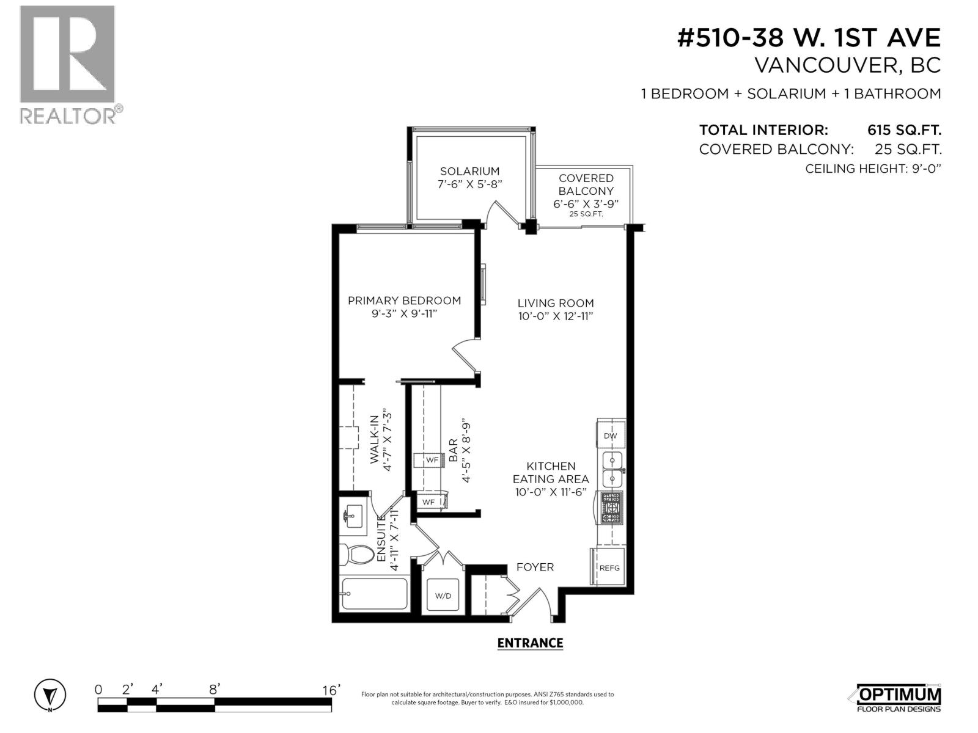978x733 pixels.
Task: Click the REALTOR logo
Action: [x=67, y=64]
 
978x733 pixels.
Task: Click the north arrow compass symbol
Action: [x=50, y=695]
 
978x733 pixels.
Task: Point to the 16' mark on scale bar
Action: [x=331, y=690]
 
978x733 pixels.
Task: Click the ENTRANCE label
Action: [x=529, y=643]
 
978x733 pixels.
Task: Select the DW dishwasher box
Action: [x=611, y=436]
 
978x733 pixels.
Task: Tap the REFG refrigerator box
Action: [x=609, y=567]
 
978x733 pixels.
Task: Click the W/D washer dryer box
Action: [x=443, y=596]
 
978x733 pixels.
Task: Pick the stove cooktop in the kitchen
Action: [x=611, y=508]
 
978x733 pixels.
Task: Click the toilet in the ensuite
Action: [x=359, y=555]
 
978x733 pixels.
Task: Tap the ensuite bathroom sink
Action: [x=353, y=518]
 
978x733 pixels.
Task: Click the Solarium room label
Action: [x=469, y=172]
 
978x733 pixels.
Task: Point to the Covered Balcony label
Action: [x=586, y=184]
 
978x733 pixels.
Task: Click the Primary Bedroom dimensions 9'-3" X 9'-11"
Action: [x=403, y=313]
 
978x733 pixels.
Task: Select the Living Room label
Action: [x=555, y=303]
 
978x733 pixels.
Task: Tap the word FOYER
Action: [x=535, y=567]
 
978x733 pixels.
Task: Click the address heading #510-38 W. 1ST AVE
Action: [x=809, y=38]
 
